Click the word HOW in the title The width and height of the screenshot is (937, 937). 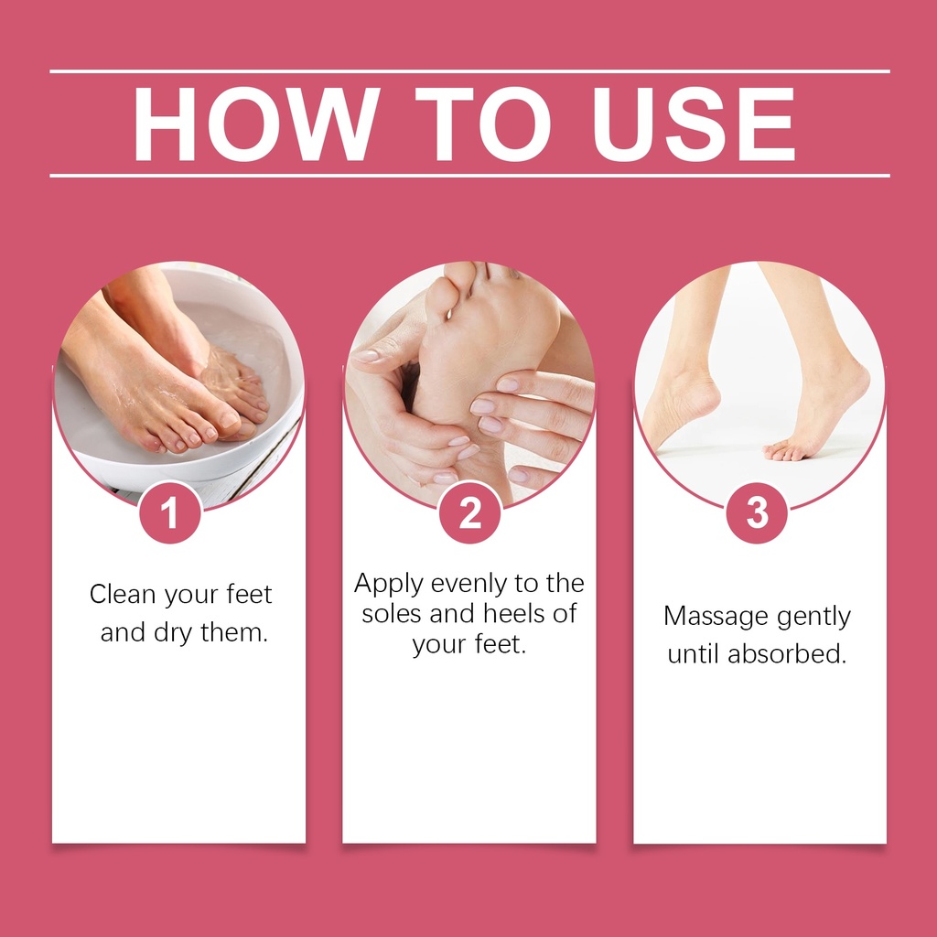point(256,124)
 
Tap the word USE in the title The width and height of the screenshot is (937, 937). point(694,124)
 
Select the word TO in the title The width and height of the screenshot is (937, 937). point(483,124)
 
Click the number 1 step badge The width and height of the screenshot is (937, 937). point(169,512)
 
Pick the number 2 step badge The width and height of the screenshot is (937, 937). point(469,512)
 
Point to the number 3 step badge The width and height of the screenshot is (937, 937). point(757,512)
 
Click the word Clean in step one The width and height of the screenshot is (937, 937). point(123,594)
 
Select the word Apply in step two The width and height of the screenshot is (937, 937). point(388,584)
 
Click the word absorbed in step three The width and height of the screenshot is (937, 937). point(786,653)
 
